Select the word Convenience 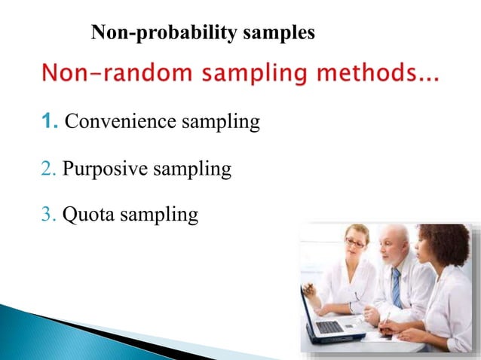(116, 121)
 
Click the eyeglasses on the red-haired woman (354, 243)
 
